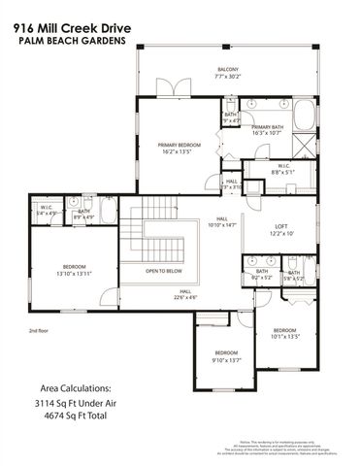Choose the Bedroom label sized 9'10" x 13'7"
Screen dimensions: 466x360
click(225, 355)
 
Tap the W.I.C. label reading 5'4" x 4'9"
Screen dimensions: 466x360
click(46, 209)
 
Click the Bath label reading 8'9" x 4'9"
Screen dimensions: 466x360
click(83, 215)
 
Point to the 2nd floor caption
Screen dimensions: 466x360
click(39, 330)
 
